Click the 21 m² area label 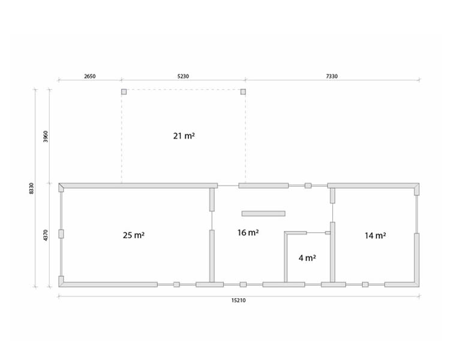tap(184, 136)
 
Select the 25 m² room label tap(134, 235)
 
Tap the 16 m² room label tap(248, 233)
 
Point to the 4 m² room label tap(307, 258)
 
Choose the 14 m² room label tap(375, 236)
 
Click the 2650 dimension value tap(89, 76)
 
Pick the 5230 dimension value tap(183, 76)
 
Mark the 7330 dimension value tap(332, 76)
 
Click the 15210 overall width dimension tap(238, 301)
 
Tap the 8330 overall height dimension tap(31, 188)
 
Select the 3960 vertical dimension tap(46, 136)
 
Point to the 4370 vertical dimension tap(46, 235)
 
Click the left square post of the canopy tap(124, 92)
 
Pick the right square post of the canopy tap(243, 92)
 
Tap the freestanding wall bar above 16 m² tap(263, 214)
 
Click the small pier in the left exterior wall tap(61, 233)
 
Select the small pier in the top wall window tap(308, 186)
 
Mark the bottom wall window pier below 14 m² tap(365, 284)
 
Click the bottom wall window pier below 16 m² tap(243, 284)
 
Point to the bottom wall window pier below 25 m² tap(176, 284)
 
